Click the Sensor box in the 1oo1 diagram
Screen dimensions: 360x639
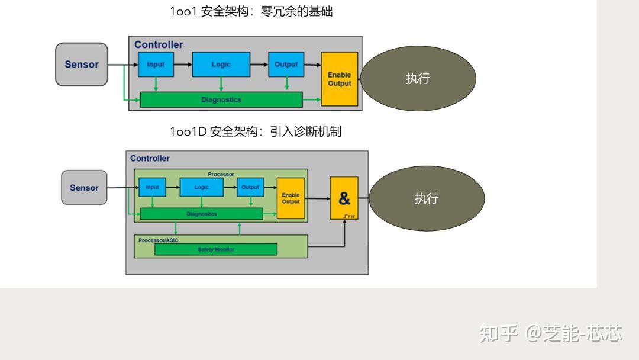click(82, 65)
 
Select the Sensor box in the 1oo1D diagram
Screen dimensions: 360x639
click(84, 188)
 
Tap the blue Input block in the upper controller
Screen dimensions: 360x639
click(156, 64)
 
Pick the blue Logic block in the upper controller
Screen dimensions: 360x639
click(221, 64)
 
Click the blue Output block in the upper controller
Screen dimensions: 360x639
click(286, 64)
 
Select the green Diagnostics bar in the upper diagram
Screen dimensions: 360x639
click(221, 99)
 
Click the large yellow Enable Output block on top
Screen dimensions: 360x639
click(340, 79)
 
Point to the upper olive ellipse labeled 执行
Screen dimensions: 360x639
click(418, 78)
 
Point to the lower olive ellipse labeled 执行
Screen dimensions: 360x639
click(426, 198)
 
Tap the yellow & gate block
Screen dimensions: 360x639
click(344, 198)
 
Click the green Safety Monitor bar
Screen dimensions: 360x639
click(215, 249)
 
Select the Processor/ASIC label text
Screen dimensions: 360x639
click(158, 240)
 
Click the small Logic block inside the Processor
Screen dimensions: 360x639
click(202, 187)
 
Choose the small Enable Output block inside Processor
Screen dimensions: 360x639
click(291, 198)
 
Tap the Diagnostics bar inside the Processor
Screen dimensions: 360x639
click(201, 214)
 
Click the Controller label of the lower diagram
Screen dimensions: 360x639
click(150, 158)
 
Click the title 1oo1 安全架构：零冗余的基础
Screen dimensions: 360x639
click(251, 11)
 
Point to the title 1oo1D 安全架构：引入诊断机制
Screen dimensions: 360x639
click(256, 131)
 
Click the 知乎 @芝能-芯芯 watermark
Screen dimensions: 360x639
click(550, 333)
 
